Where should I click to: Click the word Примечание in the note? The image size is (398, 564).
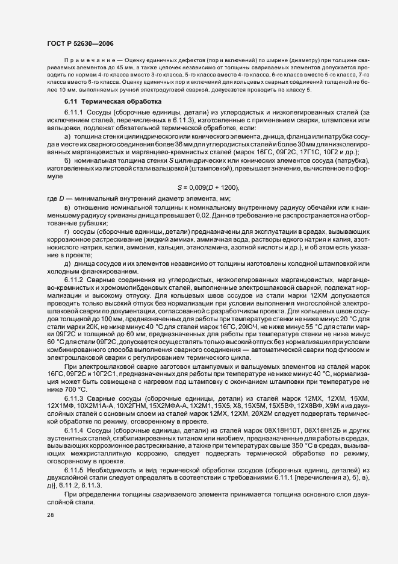(90, 61)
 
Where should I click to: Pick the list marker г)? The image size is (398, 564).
(67, 231)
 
